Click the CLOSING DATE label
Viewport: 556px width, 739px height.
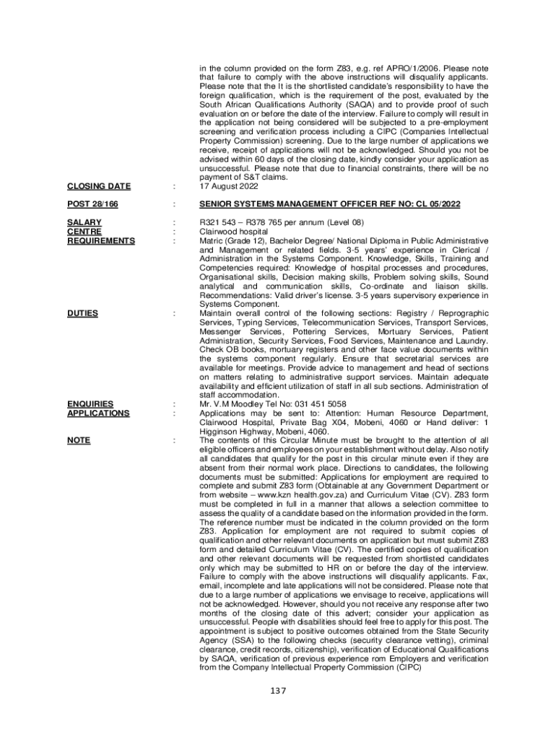[99, 187]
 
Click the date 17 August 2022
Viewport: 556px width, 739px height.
[229, 187]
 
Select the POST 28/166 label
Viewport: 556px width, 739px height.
[92, 205]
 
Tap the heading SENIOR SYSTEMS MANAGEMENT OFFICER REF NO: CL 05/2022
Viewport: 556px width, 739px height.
[330, 205]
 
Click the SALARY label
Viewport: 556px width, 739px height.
[84, 223]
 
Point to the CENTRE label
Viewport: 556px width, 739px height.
[84, 232]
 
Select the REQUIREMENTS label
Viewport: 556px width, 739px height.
[101, 241]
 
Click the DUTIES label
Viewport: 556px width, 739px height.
[83, 313]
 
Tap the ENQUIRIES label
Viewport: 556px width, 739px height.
[90, 404]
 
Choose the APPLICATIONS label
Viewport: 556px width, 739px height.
[98, 414]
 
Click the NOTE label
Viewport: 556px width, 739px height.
[79, 440]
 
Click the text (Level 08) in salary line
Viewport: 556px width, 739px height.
[339, 223]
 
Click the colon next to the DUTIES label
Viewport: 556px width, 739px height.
[174, 313]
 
